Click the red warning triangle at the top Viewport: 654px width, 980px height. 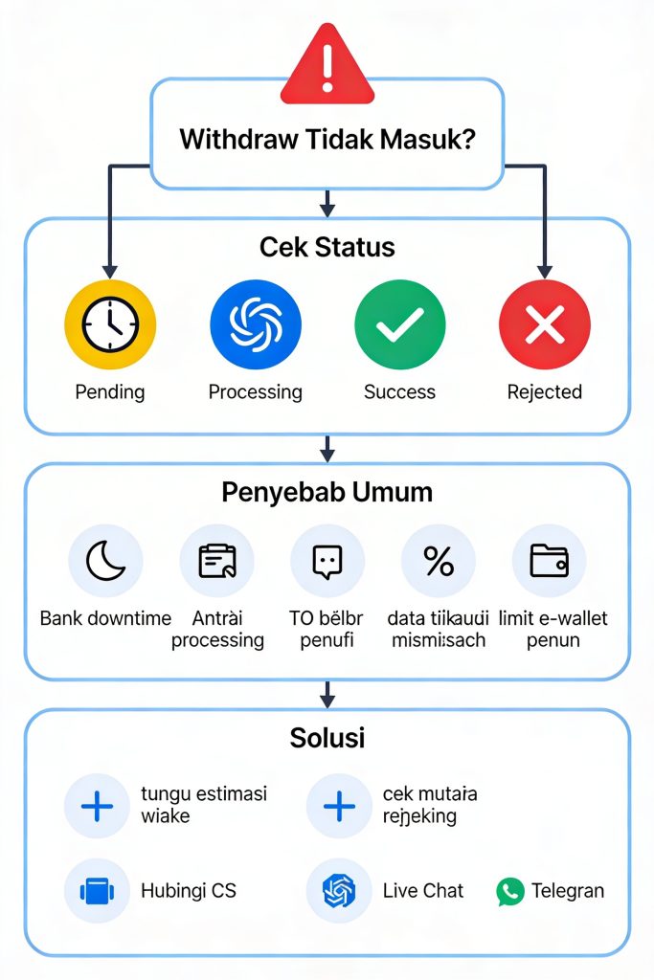click(x=327, y=65)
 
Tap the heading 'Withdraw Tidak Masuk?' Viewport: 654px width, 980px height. click(x=327, y=139)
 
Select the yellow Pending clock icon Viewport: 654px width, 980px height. click(x=109, y=325)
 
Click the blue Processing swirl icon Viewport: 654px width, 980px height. click(x=255, y=325)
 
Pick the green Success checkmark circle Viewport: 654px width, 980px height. click(x=399, y=325)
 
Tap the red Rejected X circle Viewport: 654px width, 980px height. click(x=544, y=325)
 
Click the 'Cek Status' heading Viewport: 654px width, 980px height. click(x=327, y=247)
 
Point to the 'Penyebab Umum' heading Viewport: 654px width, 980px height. click(x=327, y=492)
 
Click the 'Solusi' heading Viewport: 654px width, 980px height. click(x=327, y=738)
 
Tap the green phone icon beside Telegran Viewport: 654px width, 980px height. click(x=510, y=892)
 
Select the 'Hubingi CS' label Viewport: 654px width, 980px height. click(x=188, y=891)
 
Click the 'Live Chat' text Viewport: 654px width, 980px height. click(x=422, y=891)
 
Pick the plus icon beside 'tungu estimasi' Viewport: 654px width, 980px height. click(x=97, y=806)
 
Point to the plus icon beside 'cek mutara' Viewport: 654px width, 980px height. click(x=339, y=806)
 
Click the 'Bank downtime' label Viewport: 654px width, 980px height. click(x=105, y=618)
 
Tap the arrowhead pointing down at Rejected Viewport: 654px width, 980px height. click(x=545, y=271)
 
